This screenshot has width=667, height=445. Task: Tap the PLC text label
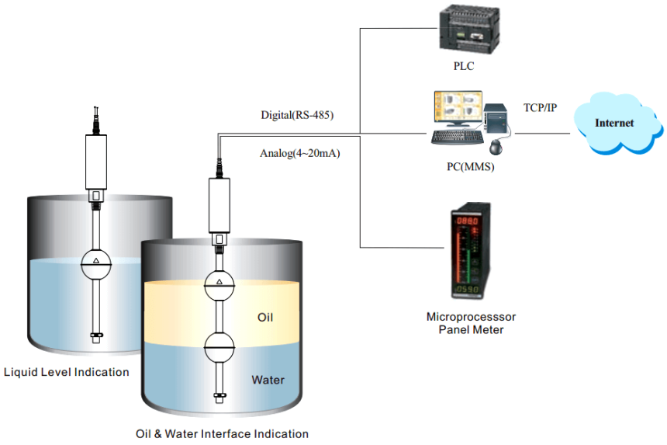click(x=464, y=67)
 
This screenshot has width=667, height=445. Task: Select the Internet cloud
click(x=614, y=123)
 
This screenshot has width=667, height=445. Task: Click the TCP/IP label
click(x=541, y=107)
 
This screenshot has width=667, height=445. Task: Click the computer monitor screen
click(x=457, y=108)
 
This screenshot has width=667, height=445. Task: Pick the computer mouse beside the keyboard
click(x=496, y=146)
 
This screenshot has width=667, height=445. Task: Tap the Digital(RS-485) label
click(x=297, y=115)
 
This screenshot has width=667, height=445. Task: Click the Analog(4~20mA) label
click(x=300, y=153)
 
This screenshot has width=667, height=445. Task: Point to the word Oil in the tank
click(x=265, y=318)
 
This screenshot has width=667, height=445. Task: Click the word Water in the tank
click(x=268, y=381)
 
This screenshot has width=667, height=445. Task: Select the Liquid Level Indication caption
click(x=67, y=372)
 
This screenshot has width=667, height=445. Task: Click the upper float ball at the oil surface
click(x=219, y=284)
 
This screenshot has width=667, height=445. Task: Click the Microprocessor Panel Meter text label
click(x=471, y=323)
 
